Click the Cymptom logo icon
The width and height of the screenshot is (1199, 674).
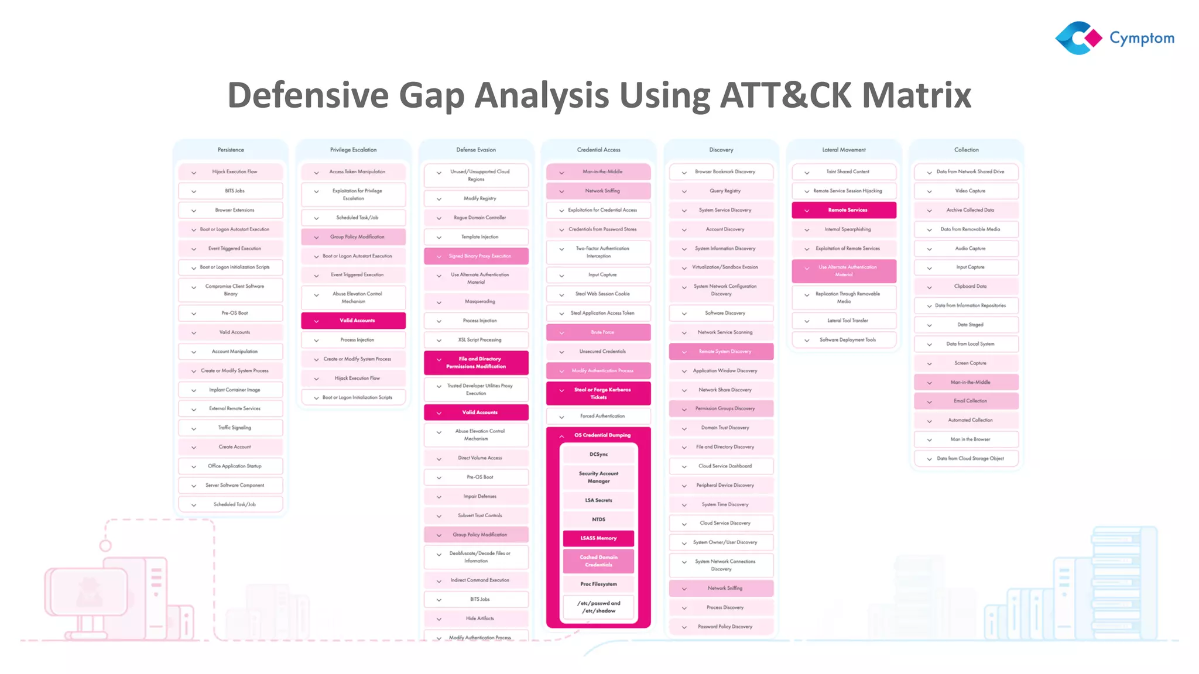pyautogui.click(x=1078, y=38)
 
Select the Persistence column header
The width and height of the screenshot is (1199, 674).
pyautogui.click(x=231, y=150)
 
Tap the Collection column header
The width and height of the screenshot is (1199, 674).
pyautogui.click(x=966, y=150)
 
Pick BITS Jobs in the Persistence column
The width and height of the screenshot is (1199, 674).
pyautogui.click(x=234, y=191)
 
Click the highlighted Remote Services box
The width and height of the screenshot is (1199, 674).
pyautogui.click(x=847, y=210)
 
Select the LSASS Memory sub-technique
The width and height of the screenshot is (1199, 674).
pyautogui.click(x=598, y=538)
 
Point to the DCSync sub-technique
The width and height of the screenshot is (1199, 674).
pyautogui.click(x=598, y=455)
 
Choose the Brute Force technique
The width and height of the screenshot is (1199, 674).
pyautogui.click(x=602, y=332)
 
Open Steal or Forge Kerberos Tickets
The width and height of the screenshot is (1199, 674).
pyautogui.click(x=602, y=393)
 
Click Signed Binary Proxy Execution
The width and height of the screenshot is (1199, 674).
pyautogui.click(x=479, y=256)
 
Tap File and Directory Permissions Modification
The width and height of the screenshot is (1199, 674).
pyautogui.click(x=476, y=363)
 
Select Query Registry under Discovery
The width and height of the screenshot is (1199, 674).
pyautogui.click(x=725, y=191)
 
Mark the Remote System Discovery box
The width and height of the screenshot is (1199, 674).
pyautogui.click(x=724, y=352)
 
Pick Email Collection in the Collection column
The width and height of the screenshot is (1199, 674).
pyautogui.click(x=970, y=401)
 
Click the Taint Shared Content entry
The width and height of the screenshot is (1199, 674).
pyautogui.click(x=847, y=172)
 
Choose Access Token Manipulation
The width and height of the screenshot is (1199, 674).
pyautogui.click(x=357, y=172)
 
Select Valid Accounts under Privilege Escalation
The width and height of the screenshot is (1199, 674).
pyautogui.click(x=357, y=321)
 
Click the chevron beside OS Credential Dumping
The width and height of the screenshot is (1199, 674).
pyautogui.click(x=561, y=436)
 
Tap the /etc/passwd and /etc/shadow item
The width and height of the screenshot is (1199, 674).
pyautogui.click(x=598, y=607)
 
